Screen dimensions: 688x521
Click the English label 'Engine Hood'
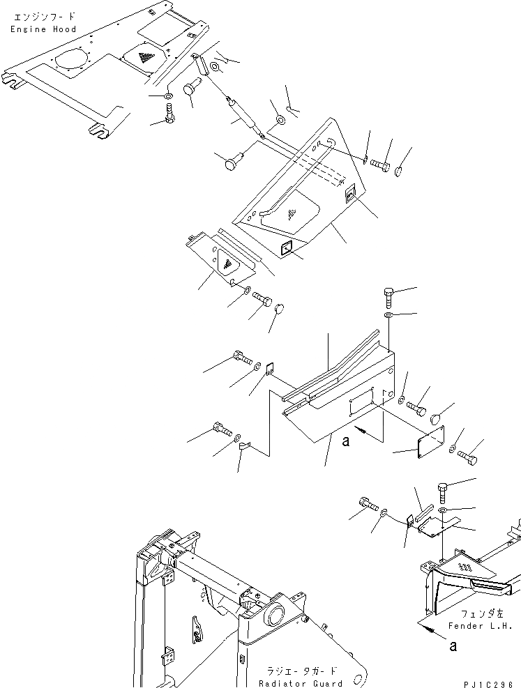tap(43, 29)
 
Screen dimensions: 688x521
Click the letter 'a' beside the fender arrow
tap(453, 645)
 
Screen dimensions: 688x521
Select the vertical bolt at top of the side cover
tap(389, 298)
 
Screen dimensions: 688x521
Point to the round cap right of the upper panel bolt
tap(402, 171)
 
